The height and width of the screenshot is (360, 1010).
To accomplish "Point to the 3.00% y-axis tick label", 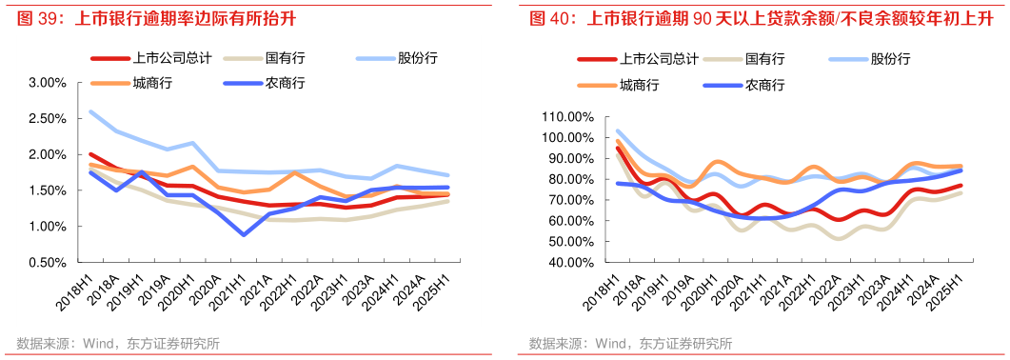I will [x=47, y=83].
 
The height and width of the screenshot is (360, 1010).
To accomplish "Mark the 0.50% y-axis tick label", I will [x=47, y=262].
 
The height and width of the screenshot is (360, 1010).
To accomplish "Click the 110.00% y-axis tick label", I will [x=564, y=117].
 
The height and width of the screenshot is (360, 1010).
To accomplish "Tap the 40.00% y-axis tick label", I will [x=568, y=263].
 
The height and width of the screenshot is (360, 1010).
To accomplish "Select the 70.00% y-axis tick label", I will [x=568, y=200].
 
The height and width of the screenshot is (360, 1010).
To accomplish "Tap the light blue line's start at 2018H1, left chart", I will [x=90, y=111].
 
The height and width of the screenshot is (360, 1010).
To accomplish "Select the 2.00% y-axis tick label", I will [x=47, y=154].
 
